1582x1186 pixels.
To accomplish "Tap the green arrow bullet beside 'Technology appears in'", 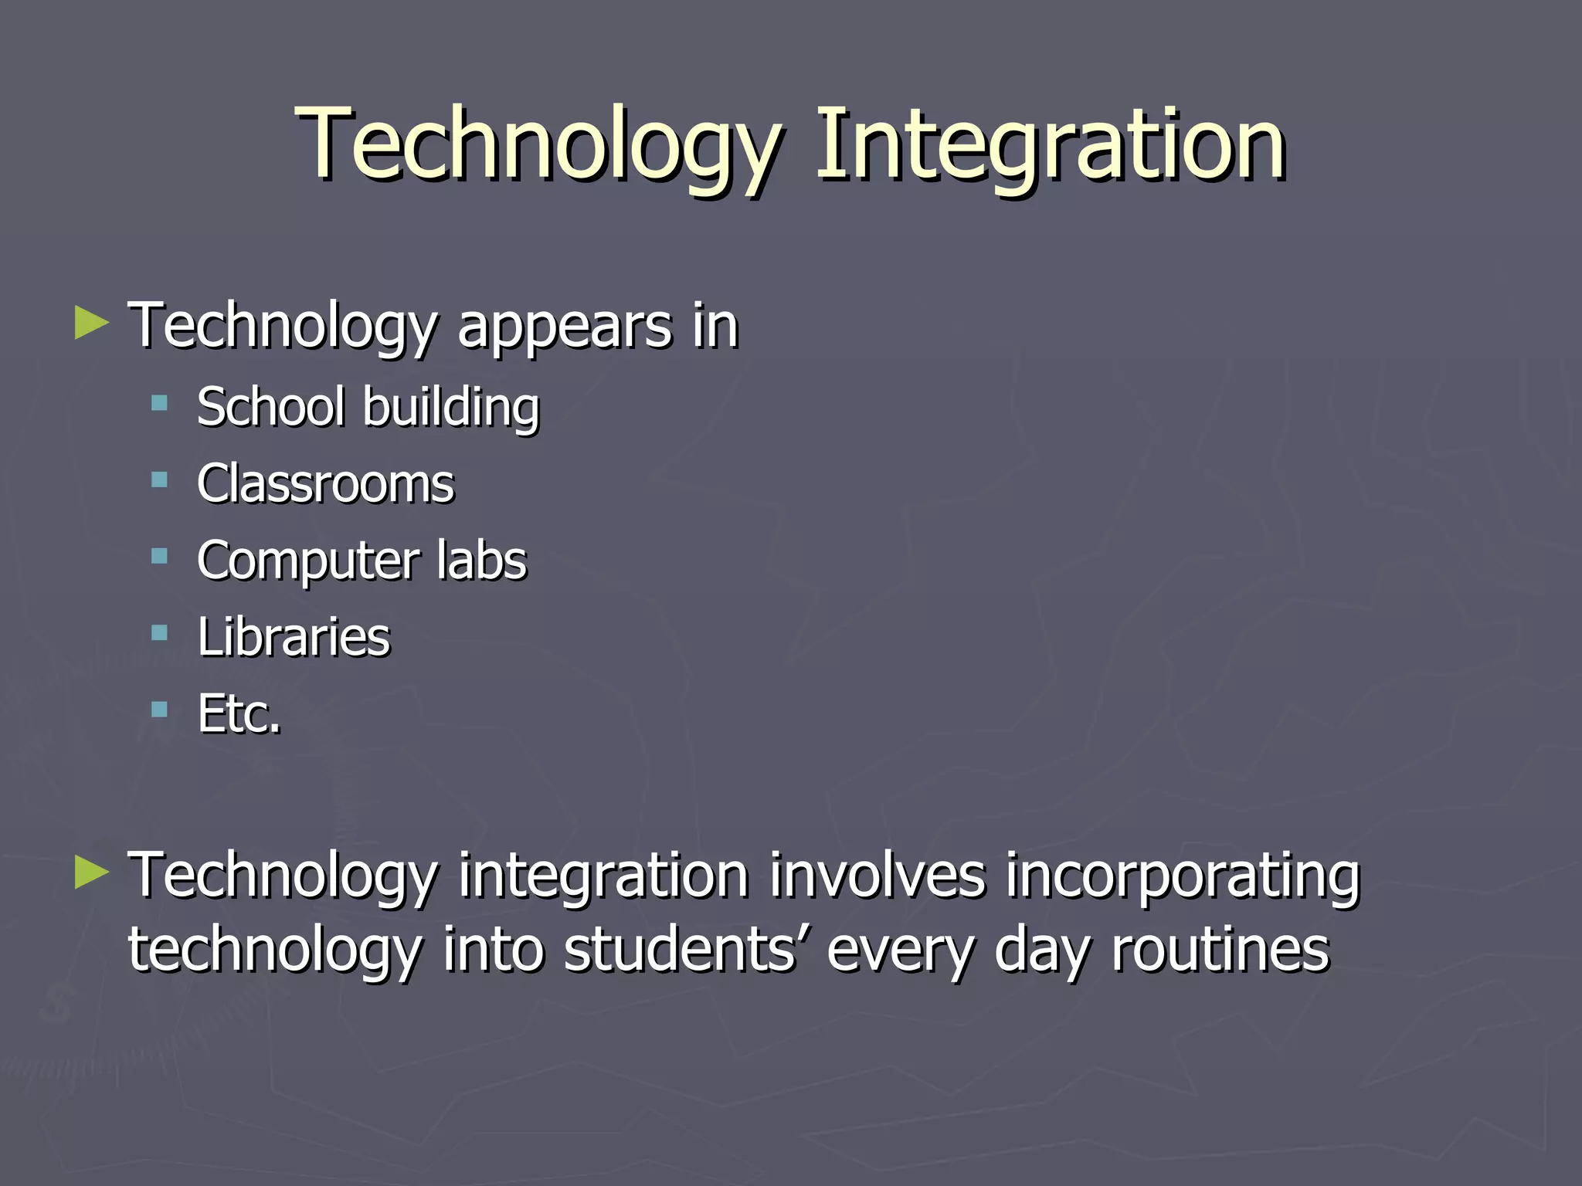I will [92, 324].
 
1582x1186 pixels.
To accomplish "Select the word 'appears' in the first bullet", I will [565, 327].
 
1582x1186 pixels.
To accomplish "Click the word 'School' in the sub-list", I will [270, 407].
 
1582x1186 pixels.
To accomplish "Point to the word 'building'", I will [451, 409].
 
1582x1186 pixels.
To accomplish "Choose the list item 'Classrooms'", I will [325, 484].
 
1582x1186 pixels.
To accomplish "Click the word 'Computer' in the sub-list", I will [307, 562].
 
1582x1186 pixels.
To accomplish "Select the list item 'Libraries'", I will [294, 637].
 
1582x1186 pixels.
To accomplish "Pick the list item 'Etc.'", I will [239, 713].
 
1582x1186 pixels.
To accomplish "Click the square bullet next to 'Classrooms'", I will [160, 480].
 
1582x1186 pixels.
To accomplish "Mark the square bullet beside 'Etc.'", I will [160, 710].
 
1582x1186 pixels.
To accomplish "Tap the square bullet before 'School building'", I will [160, 402].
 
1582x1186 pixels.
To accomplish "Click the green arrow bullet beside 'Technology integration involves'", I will [92, 873].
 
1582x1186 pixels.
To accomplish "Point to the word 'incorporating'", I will [1182, 877].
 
